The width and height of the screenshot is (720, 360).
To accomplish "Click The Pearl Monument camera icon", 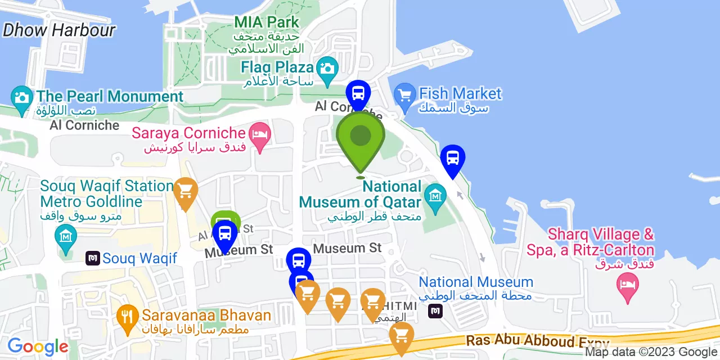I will (x=21, y=97).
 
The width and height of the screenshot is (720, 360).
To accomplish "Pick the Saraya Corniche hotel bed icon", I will (x=260, y=134).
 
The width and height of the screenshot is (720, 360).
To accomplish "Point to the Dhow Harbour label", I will (x=58, y=30).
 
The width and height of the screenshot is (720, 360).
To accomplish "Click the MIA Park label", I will (x=267, y=22).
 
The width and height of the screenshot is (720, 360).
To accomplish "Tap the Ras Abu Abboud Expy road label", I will (x=537, y=341).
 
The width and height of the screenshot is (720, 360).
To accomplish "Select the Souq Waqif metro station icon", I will (x=93, y=258).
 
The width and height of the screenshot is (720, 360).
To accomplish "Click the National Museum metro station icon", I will (x=435, y=310).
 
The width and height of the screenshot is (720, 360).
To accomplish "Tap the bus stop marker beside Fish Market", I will (x=453, y=158).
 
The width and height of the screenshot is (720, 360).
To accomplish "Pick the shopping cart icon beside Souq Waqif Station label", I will (x=185, y=191).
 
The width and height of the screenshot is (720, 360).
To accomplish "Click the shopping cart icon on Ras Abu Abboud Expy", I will (x=401, y=335).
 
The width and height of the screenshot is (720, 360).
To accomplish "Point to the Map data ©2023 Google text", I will (x=651, y=352).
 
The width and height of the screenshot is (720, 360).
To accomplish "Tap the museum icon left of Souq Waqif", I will (x=66, y=236).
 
